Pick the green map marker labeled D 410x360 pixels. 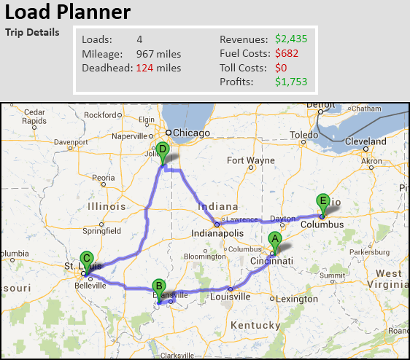163,151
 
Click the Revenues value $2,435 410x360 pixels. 292,39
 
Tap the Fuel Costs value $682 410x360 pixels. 287,53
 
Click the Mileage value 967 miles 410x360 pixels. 159,53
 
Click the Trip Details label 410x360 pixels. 33,33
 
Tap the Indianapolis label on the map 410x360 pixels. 217,235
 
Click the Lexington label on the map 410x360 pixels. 297,299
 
